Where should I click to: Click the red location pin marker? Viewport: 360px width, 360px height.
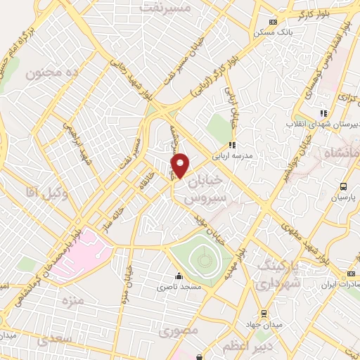point(181,165)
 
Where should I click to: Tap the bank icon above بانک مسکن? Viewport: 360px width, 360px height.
point(273,22)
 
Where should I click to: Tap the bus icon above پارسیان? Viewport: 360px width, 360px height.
point(343,186)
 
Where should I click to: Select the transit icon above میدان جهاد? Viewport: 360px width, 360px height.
point(263,314)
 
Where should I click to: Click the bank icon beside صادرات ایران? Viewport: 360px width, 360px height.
point(351,274)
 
